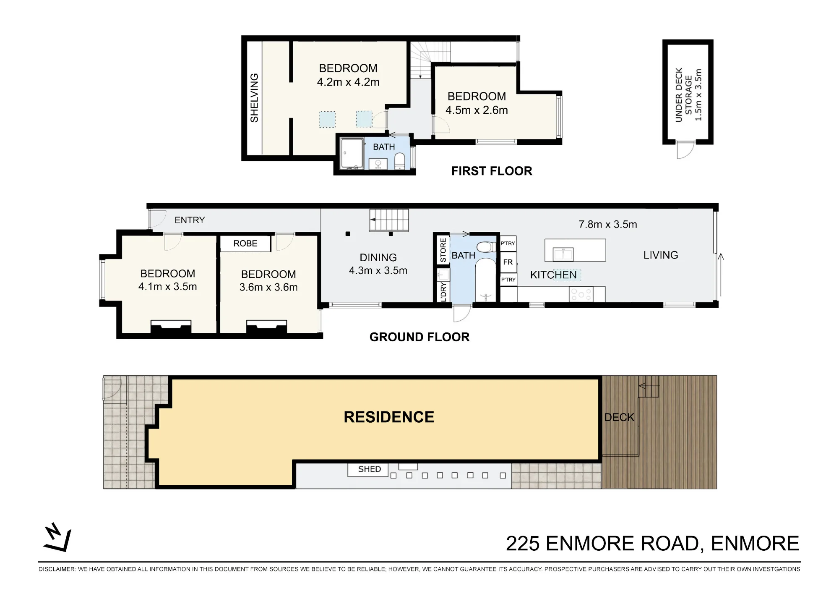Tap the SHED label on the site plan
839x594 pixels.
pyautogui.click(x=370, y=469)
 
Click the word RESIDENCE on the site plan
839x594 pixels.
pyautogui.click(x=389, y=417)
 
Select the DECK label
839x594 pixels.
pyautogui.click(x=619, y=417)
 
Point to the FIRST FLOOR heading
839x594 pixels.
pyautogui.click(x=492, y=171)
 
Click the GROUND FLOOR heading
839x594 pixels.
pyautogui.click(x=419, y=337)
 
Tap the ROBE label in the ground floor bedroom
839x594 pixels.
pyautogui.click(x=245, y=243)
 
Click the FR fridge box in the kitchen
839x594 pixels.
pyautogui.click(x=508, y=262)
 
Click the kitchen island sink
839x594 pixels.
pyautogui.click(x=563, y=254)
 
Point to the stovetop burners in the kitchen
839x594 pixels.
pyautogui.click(x=581, y=294)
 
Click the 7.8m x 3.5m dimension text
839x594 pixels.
pyautogui.click(x=607, y=225)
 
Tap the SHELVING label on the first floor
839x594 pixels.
pyautogui.click(x=254, y=98)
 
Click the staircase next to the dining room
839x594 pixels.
pyautogui.click(x=389, y=220)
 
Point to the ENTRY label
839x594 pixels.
pyautogui.click(x=190, y=220)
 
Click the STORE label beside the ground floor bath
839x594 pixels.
pyautogui.click(x=443, y=250)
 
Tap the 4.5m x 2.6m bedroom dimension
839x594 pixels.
pyautogui.click(x=477, y=110)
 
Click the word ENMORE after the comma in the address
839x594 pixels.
pyautogui.click(x=755, y=543)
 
